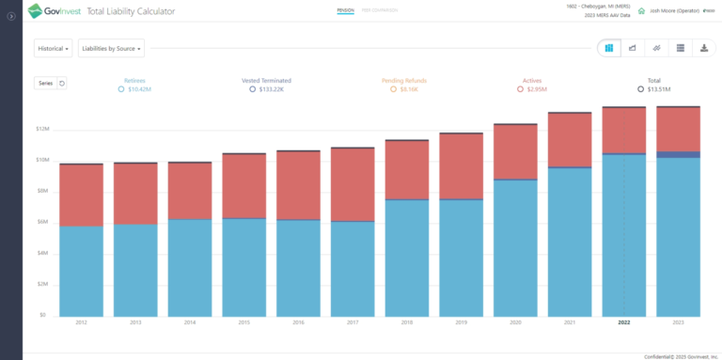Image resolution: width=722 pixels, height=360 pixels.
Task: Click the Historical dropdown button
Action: tap(54, 48)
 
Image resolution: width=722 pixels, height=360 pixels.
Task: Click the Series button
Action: tap(45, 83)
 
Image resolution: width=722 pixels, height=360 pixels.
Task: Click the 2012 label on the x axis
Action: tap(82, 322)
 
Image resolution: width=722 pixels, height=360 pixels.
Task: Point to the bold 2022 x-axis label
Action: tap(624, 322)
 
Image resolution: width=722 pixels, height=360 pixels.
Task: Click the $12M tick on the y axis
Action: tap(43, 130)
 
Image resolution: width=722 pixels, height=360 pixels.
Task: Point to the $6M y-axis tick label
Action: tap(43, 222)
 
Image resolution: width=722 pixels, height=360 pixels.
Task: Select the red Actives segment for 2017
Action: tap(353, 184)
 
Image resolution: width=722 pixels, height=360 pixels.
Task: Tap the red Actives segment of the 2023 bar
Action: tap(678, 129)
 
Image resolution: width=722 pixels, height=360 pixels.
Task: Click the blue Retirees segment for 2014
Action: tap(190, 267)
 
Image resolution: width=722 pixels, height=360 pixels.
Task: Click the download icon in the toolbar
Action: tap(702, 48)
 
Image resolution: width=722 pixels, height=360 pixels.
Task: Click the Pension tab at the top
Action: tap(344, 11)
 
